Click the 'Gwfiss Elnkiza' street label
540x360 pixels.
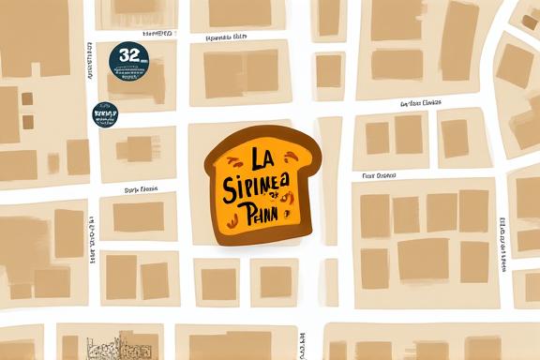pyautogui.click(x=421, y=103)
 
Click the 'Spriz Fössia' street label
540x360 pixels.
pyautogui.click(x=141, y=188)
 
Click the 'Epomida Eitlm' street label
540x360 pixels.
pyautogui.click(x=226, y=37)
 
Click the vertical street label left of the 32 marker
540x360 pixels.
pyautogui.click(x=90, y=70)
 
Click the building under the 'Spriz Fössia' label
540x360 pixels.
pyautogui.click(x=138, y=217)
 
